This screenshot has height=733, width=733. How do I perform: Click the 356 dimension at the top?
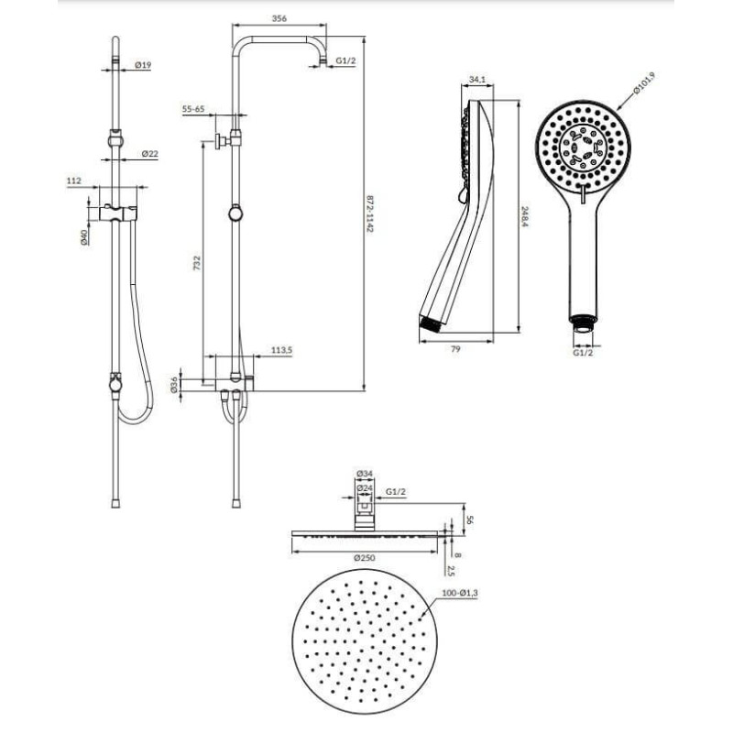pyautogui.click(x=279, y=19)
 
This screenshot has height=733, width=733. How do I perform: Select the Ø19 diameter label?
pyautogui.click(x=143, y=65)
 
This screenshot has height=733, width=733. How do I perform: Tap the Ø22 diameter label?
pyautogui.click(x=150, y=153)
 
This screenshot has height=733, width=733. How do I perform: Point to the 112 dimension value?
pyautogui.click(x=74, y=181)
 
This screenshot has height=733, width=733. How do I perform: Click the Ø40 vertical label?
pyautogui.click(x=84, y=237)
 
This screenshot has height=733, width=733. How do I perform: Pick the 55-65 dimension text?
pyautogui.click(x=193, y=109)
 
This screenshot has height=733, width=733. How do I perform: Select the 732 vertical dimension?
pyautogui.click(x=197, y=262)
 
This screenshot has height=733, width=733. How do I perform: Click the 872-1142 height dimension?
pyautogui.click(x=370, y=213)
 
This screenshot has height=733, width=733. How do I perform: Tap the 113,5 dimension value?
pyautogui.click(x=282, y=350)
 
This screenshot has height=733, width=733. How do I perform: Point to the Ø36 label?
pyautogui.click(x=174, y=384)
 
